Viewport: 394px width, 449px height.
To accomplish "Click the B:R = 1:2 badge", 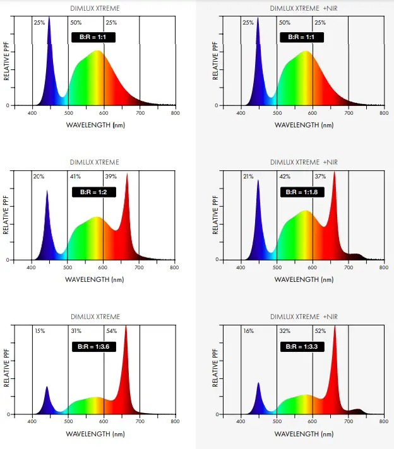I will pos(93,192).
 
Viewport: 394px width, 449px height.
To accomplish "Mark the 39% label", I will pos(110,177).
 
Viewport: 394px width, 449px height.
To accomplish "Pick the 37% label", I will pos(320,177).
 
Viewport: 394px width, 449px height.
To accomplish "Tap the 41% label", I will pos(75,177).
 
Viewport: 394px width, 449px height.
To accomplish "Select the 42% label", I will pos(285,177).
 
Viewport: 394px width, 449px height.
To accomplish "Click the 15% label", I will pos(40,331).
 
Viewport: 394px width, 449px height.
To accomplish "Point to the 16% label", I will pos(249,331).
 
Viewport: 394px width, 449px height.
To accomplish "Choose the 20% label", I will pos(39,177).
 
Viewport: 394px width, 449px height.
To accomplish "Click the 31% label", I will pos(75,331).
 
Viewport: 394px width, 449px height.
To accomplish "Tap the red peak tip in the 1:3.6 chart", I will pos(126,326).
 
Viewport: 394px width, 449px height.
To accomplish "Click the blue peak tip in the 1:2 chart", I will pos(47,191).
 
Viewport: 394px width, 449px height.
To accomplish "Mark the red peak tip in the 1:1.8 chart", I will pos(334,172).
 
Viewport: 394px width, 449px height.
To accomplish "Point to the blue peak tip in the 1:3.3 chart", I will pos(258,382).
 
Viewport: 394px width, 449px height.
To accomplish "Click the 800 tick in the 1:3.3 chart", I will pos(383,422).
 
